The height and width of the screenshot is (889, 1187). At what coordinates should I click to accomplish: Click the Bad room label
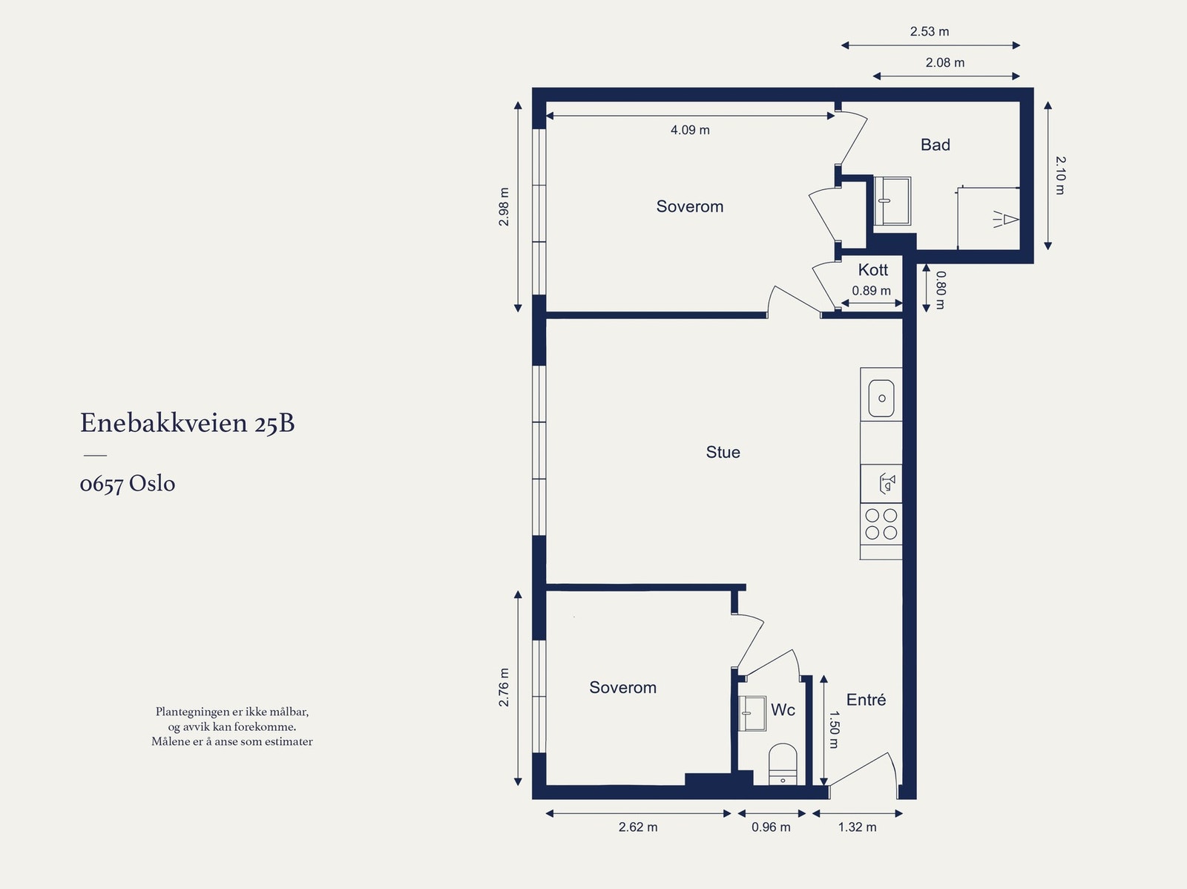coord(935,145)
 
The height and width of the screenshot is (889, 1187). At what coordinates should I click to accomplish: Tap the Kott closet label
coord(872,270)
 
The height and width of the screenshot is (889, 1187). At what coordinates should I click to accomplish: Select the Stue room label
coord(723,453)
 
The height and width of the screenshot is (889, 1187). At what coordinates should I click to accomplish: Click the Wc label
coord(783,710)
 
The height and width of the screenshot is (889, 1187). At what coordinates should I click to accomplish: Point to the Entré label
coord(866,700)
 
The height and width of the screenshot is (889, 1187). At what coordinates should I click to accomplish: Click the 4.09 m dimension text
coord(690,130)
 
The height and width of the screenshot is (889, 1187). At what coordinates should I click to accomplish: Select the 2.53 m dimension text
coord(930,32)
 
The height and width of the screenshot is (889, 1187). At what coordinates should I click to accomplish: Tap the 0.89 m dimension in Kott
coord(871,291)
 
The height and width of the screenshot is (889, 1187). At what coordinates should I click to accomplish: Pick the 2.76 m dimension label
coord(504,687)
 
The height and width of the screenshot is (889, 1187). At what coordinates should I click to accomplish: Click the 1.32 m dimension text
coord(857,827)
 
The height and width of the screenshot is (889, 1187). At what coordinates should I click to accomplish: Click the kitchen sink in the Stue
coord(881,398)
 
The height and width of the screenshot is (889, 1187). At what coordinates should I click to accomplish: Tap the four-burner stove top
coord(881,524)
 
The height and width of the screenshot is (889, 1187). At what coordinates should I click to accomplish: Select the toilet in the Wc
coord(782,764)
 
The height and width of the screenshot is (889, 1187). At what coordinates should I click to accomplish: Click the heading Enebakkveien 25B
coord(187,423)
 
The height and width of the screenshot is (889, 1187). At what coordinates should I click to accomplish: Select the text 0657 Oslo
coord(128,484)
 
